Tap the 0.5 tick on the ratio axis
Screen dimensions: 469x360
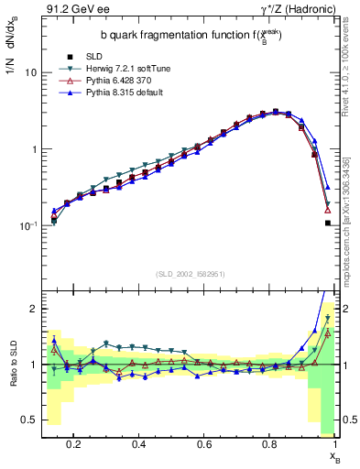[x=29, y=420]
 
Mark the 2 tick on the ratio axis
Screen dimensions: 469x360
[x=33, y=309]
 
